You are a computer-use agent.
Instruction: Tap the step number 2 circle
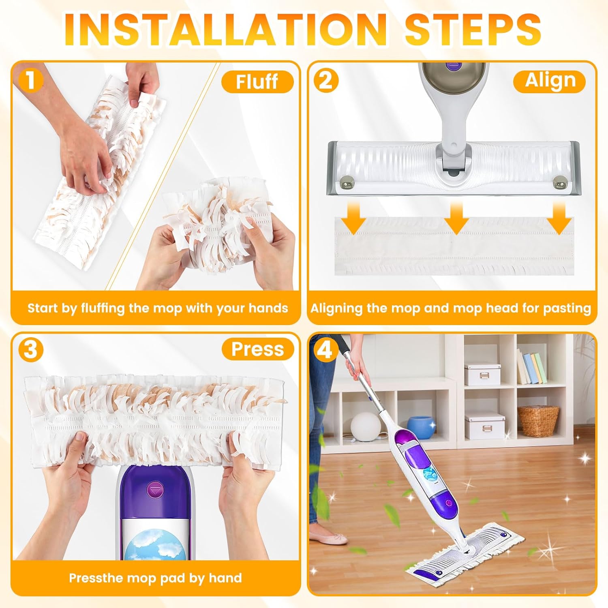[x=326, y=80]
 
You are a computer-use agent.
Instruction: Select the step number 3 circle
[x=31, y=349]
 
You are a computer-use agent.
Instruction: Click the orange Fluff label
[x=257, y=81]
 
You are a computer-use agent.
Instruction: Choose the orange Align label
[x=550, y=81]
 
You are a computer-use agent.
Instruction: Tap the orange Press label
[x=257, y=349]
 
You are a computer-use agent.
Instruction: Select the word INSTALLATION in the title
[x=225, y=30]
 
